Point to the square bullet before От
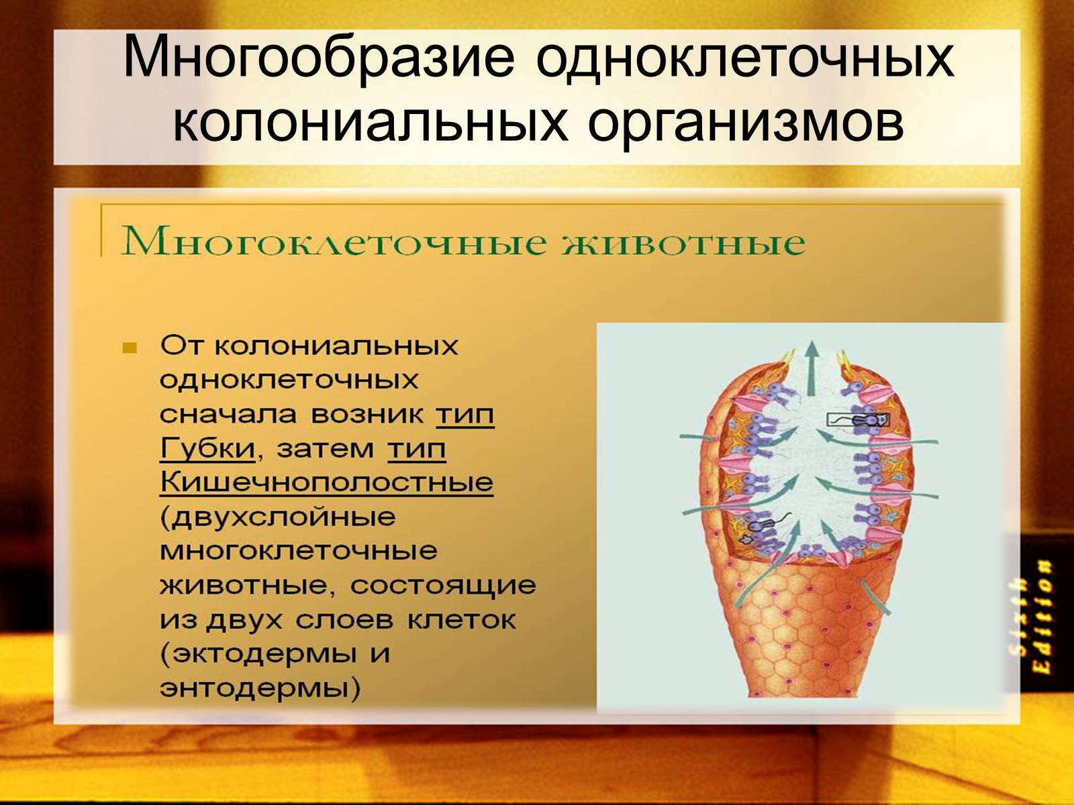pos(130,348)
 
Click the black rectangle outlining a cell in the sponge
pos(857,420)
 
